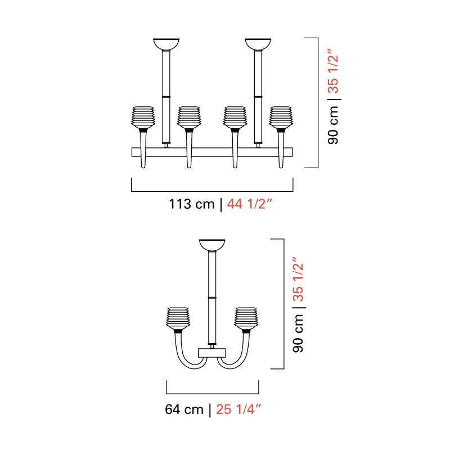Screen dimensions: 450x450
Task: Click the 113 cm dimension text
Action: pyautogui.click(x=192, y=204)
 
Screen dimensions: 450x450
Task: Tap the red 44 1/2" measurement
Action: pyautogui.click(x=249, y=204)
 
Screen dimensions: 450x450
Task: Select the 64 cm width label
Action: pyautogui.click(x=184, y=409)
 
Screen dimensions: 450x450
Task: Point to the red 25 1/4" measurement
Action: pyautogui.click(x=238, y=409)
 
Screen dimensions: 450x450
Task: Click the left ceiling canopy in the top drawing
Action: pyautogui.click(x=166, y=44)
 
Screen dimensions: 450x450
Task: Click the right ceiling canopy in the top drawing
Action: pyautogui.click(x=258, y=44)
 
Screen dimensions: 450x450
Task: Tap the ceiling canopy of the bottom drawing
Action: pyautogui.click(x=212, y=245)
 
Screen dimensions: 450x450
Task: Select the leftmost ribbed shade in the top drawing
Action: pyautogui.click(x=143, y=118)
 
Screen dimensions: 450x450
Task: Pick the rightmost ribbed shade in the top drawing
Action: pyautogui.click(x=281, y=118)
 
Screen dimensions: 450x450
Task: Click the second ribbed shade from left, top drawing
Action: pyautogui.click(x=189, y=118)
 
